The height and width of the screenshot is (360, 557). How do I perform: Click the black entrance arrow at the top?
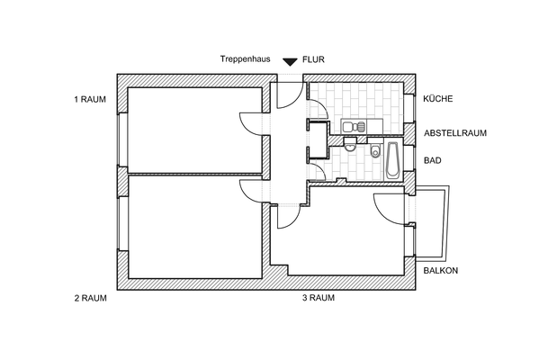coord(289,61)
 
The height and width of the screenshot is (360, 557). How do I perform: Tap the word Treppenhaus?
coord(245,59)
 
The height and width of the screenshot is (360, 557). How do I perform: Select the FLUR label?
coord(313,59)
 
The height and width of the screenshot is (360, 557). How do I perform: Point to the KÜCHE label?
coord(438,99)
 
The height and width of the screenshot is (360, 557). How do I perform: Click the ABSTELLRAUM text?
coord(455,133)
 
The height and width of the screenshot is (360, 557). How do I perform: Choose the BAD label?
coord(432,161)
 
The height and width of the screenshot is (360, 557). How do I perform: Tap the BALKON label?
coord(441,270)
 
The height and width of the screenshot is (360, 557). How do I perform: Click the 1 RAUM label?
coord(90,99)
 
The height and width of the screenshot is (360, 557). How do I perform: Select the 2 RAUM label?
coord(90,298)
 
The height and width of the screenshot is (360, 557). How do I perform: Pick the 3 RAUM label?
coord(318,298)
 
